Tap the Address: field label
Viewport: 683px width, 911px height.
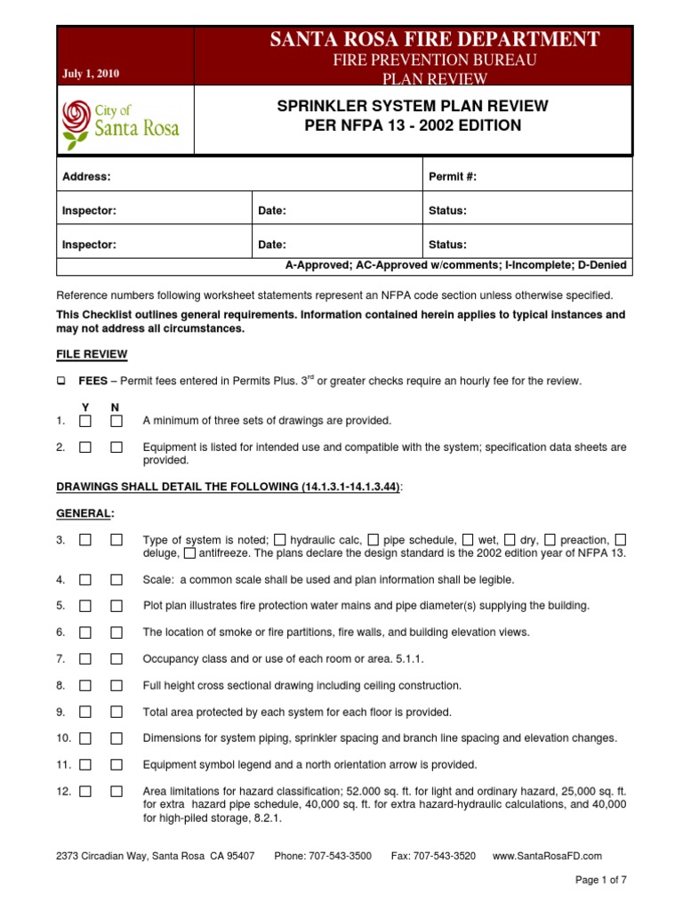click(86, 177)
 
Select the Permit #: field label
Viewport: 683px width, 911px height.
click(453, 177)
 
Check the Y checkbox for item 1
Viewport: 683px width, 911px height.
click(84, 421)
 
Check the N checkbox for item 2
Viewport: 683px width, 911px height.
click(117, 447)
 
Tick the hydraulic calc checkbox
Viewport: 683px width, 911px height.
click(280, 540)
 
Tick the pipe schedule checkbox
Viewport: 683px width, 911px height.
click(374, 540)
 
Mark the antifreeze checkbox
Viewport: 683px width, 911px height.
click(190, 553)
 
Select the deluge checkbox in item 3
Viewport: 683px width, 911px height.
click(621, 540)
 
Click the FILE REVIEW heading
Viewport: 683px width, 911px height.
click(92, 354)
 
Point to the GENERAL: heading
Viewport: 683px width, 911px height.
click(85, 513)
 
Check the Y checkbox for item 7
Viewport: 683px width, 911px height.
click(84, 659)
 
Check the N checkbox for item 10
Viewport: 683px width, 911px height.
click(117, 738)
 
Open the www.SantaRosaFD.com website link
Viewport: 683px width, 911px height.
click(546, 856)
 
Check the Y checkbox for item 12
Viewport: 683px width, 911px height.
click(84, 791)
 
